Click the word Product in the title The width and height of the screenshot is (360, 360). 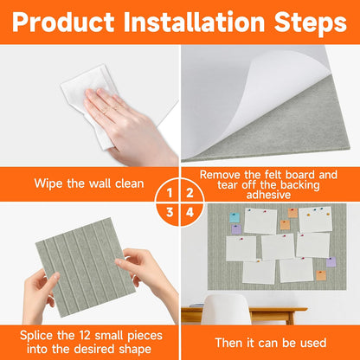point(63,22)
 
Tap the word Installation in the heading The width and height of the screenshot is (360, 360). point(194,22)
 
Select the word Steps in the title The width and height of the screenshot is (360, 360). point(311,23)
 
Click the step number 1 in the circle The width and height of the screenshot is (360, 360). point(170,193)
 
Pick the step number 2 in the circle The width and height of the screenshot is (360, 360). point(190,193)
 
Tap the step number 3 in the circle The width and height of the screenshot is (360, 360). point(170,213)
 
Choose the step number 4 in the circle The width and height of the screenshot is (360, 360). point(190,213)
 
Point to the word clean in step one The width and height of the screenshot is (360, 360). point(130,183)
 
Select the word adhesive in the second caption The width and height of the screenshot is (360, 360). point(268,195)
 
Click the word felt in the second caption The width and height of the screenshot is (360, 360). point(275,175)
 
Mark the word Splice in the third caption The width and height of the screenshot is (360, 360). point(36,337)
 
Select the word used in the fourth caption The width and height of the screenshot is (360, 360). point(313,343)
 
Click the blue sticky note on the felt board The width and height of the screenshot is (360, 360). point(235,217)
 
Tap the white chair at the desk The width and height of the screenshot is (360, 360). point(226,310)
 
